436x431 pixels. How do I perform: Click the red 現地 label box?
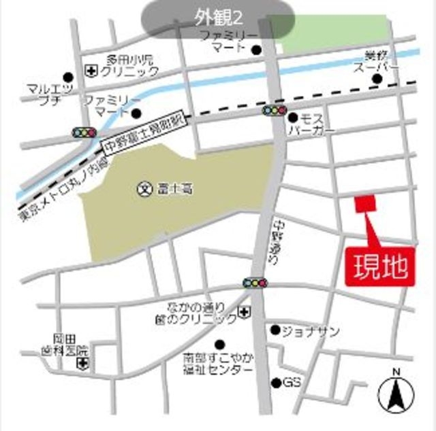(381, 266)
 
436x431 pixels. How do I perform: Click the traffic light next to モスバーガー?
(275, 110)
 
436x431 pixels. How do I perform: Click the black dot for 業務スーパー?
(377, 80)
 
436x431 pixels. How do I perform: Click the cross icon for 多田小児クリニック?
(90, 70)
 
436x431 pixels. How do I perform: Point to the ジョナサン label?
(311, 331)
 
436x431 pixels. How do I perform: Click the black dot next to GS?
(276, 383)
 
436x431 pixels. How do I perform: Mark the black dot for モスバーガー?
(293, 118)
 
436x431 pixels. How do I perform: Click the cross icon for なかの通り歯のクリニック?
(243, 313)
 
